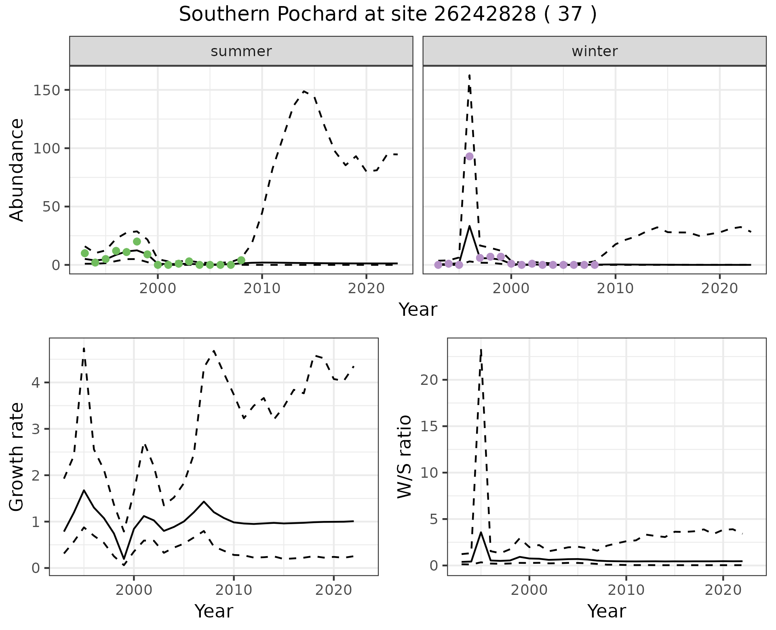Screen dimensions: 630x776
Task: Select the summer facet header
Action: (241, 51)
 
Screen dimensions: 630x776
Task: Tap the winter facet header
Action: (595, 51)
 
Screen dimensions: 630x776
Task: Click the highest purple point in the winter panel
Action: (469, 156)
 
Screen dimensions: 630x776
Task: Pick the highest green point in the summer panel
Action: (137, 241)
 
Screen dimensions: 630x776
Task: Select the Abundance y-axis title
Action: (17, 170)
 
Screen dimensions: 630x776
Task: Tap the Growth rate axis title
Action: (17, 457)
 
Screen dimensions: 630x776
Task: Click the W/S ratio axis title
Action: (405, 457)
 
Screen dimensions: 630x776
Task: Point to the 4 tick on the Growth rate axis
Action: (36, 382)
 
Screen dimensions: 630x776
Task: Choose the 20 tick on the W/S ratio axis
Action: (429, 380)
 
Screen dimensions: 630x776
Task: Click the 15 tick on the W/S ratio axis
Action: (429, 426)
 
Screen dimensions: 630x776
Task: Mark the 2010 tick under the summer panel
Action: (262, 288)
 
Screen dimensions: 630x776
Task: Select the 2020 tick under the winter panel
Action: (719, 288)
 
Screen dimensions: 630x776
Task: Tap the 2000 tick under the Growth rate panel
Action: (134, 590)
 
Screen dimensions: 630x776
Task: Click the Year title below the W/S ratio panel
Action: (607, 611)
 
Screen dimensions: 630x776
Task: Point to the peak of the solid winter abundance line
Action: (470, 226)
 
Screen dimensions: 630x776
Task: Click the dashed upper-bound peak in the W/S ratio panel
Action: (481, 349)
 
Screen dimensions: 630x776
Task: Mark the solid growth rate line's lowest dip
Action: (124, 559)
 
